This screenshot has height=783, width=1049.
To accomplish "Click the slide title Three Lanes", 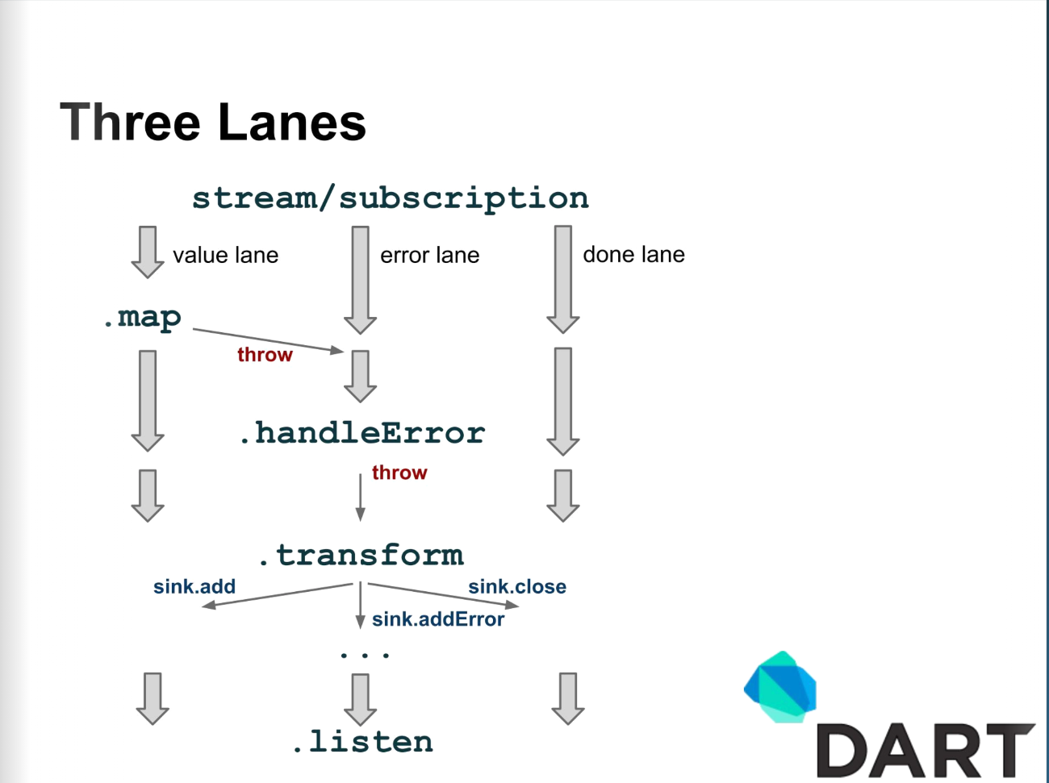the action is point(213,123).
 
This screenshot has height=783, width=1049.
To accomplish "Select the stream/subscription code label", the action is point(391,198).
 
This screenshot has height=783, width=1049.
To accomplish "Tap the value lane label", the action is point(226,255).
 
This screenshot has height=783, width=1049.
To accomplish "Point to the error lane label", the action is point(429,255).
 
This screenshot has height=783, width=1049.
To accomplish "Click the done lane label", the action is point(633,254).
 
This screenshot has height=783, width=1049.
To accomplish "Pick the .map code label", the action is point(142,318).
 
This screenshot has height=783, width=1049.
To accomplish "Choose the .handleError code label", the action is point(362,432).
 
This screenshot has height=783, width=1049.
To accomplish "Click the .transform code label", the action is point(362,556).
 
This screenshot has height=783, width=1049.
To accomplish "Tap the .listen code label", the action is point(363,741).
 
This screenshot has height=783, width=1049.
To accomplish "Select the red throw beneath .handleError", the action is point(399,473).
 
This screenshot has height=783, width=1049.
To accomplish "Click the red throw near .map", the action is point(265,355).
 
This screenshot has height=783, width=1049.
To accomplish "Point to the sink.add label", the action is point(194,586).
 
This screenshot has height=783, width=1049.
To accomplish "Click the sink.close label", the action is point(517,586).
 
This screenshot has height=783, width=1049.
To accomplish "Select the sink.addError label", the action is point(438,619).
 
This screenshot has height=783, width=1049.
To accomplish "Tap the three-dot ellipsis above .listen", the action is point(365,654).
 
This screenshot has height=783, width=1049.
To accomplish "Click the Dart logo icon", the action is point(780,686).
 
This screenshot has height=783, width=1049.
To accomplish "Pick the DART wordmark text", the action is point(926,750).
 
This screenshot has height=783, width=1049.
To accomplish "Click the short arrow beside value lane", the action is point(148,252).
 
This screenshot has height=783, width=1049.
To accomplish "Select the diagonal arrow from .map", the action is point(268,340).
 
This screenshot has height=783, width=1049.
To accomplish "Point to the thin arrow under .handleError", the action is point(361,498).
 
